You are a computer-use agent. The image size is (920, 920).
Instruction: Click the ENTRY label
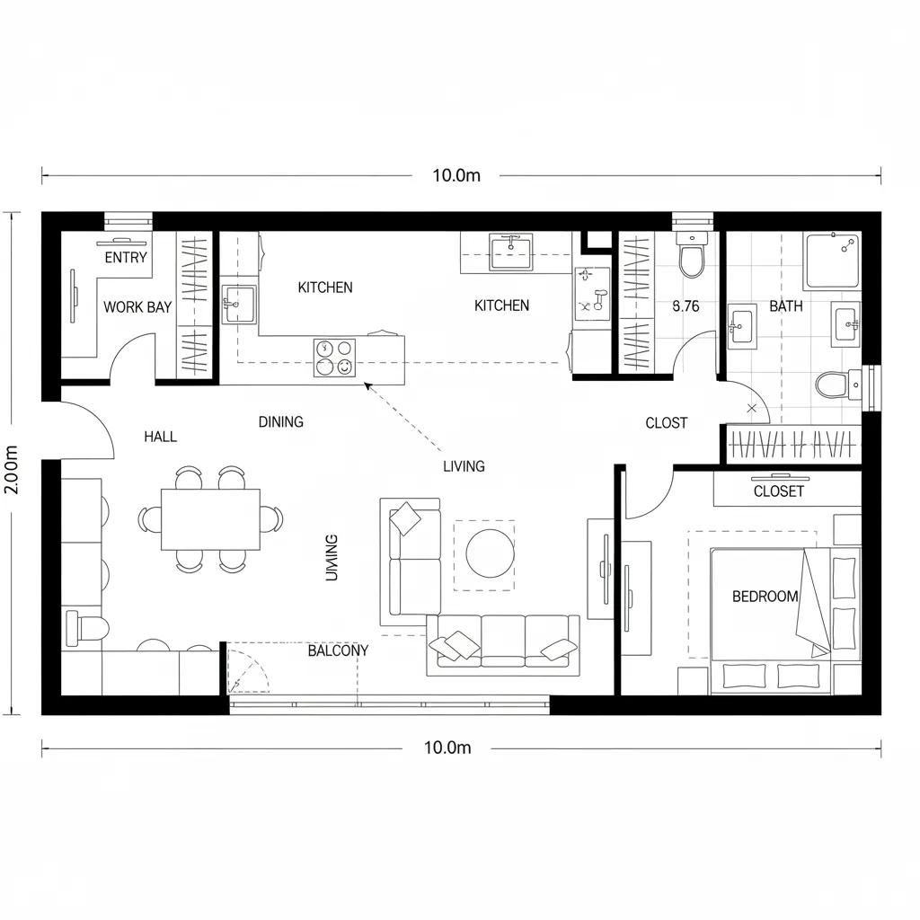[126, 258]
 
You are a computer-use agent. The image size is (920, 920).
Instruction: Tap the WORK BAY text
[137, 307]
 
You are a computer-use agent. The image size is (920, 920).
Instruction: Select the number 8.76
[686, 306]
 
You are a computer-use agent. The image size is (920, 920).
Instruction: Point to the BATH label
[786, 306]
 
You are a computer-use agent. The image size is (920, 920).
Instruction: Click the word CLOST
[667, 423]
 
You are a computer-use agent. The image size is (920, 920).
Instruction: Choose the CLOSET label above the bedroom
[779, 491]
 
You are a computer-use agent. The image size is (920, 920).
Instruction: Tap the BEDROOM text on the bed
[765, 597]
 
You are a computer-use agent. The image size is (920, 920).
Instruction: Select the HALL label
[161, 438]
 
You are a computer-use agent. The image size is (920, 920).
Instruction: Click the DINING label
[281, 422]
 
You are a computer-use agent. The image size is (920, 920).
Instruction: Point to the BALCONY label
[338, 650]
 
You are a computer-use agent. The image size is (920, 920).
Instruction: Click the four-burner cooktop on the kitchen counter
[334, 357]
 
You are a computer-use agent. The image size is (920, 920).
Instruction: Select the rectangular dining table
[210, 519]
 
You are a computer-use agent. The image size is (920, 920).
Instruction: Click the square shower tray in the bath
[833, 261]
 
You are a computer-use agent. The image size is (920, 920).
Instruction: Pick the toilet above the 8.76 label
[691, 259]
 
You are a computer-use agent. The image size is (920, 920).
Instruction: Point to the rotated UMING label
[332, 557]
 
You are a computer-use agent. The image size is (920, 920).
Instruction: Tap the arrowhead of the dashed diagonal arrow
[367, 385]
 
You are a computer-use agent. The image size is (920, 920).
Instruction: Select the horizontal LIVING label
[464, 466]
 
